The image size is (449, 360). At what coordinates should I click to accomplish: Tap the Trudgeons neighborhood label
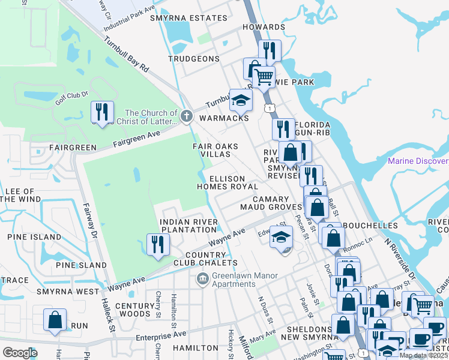194,59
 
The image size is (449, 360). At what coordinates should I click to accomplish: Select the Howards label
264,27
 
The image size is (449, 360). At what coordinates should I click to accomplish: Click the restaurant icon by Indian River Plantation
158,244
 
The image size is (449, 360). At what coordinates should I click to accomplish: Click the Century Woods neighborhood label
132,310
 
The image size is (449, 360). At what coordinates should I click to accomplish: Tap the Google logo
20,352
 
